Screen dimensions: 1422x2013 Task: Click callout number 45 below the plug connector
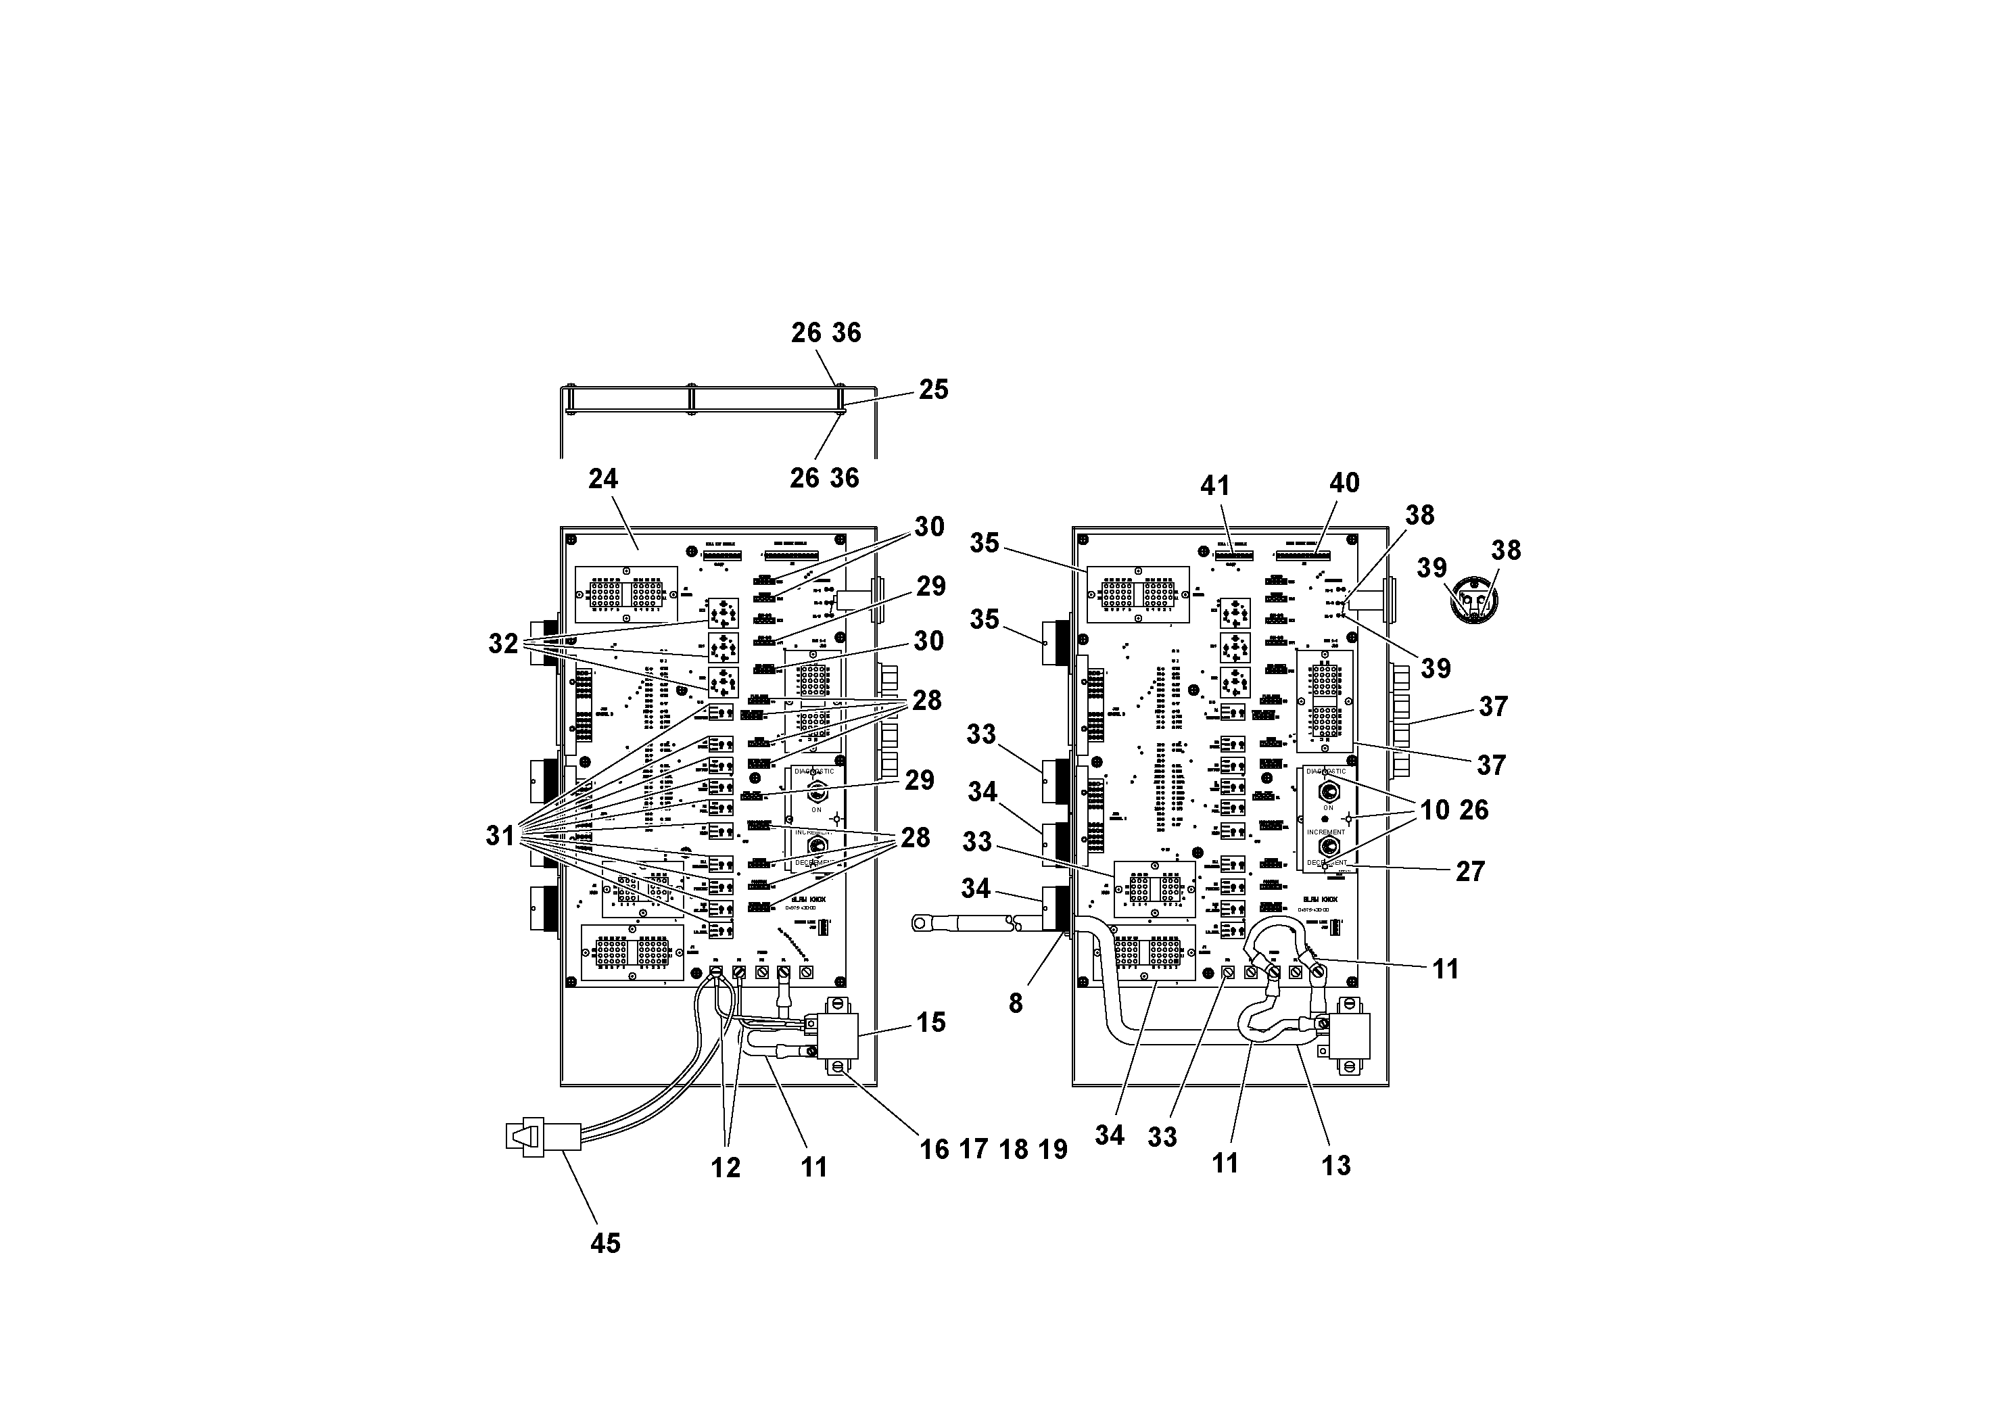point(605,1243)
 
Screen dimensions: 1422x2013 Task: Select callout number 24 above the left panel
point(603,479)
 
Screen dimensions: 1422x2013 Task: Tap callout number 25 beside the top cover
point(934,389)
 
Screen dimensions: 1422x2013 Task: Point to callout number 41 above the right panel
point(1215,485)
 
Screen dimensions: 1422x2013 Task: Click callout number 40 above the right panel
point(1344,483)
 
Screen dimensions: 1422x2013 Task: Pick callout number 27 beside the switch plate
point(1469,872)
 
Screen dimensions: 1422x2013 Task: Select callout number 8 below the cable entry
point(1015,1004)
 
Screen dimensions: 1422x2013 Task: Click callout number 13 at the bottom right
point(1336,1166)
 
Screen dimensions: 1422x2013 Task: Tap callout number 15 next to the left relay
point(931,1022)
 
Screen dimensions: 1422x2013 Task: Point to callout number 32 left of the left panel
point(503,644)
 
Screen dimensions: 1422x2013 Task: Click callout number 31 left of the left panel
point(500,836)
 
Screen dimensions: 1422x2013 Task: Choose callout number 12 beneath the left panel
point(726,1168)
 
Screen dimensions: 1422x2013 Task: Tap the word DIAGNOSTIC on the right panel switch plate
point(1325,772)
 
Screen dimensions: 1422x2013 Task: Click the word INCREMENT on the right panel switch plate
point(1325,832)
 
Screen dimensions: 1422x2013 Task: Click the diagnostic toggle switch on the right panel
point(1328,792)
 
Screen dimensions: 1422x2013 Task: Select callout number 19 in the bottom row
point(1053,1150)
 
